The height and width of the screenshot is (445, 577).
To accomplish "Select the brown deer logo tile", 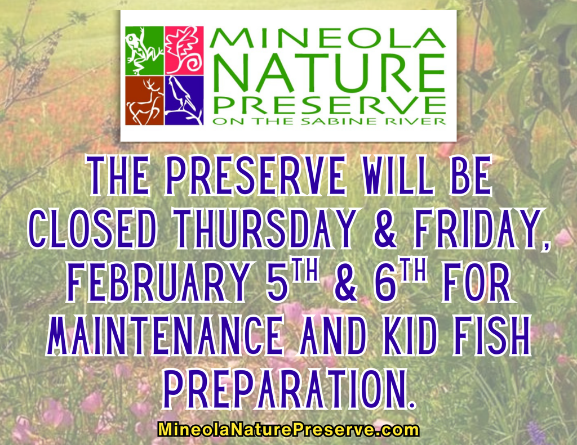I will click(x=144, y=101).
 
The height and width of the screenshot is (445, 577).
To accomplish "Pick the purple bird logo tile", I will click(x=184, y=101).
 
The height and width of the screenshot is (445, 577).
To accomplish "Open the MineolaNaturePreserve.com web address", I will click(x=288, y=430).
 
